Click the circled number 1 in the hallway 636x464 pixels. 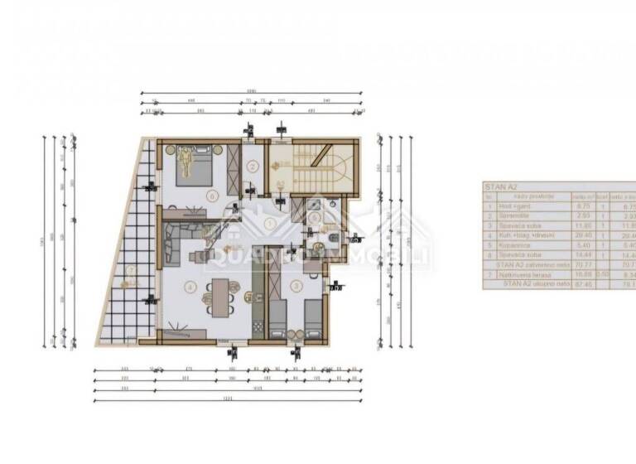[269, 223]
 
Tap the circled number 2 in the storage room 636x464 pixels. [252, 165]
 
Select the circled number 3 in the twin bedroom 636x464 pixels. [297, 286]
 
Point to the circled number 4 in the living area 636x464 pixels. [191, 288]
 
